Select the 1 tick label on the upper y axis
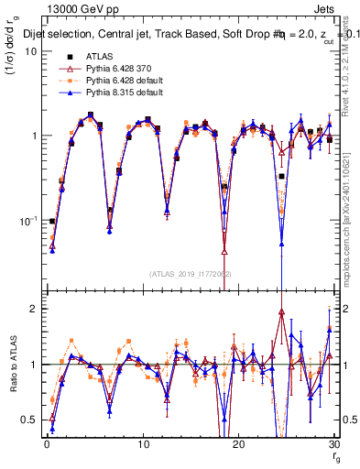(33, 136)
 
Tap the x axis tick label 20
(238, 444)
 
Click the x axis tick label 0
(47, 444)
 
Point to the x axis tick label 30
(333, 444)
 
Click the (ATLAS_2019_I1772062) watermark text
(189, 274)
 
